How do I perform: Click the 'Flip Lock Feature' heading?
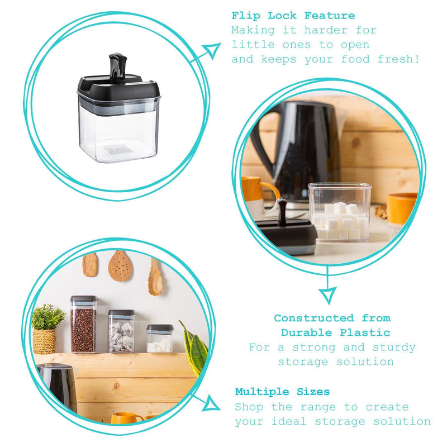click(293, 16)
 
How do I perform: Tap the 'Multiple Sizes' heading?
click(282, 392)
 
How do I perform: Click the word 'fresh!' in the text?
click(398, 59)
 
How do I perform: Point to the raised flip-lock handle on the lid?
click(118, 68)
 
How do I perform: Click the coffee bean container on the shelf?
click(84, 324)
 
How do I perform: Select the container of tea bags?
click(121, 331)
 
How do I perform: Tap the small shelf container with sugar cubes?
click(160, 339)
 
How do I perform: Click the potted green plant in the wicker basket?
click(47, 329)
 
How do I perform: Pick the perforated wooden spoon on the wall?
click(120, 266)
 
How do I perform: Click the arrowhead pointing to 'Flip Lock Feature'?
click(212, 50)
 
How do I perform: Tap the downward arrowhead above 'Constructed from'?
click(328, 295)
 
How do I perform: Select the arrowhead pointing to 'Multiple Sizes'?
click(211, 403)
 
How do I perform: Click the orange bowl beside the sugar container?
click(402, 208)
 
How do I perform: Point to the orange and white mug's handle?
click(270, 192)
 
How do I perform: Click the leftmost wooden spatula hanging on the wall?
click(90, 265)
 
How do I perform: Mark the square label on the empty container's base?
click(117, 149)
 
